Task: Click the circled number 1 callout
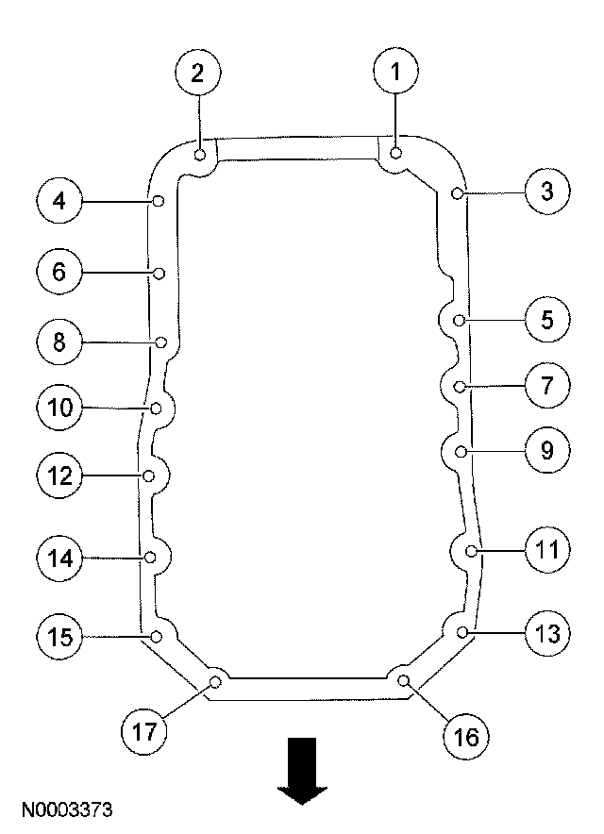click(395, 70)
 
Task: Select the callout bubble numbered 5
click(546, 320)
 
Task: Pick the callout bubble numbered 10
click(59, 408)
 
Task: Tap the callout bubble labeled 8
click(59, 341)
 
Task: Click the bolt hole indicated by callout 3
click(457, 194)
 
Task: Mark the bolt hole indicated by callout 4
click(159, 201)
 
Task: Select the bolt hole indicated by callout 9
click(461, 453)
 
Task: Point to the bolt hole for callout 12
click(148, 476)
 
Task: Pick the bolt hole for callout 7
click(459, 386)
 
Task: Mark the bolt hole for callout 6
click(159, 274)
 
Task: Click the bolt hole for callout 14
click(149, 558)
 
